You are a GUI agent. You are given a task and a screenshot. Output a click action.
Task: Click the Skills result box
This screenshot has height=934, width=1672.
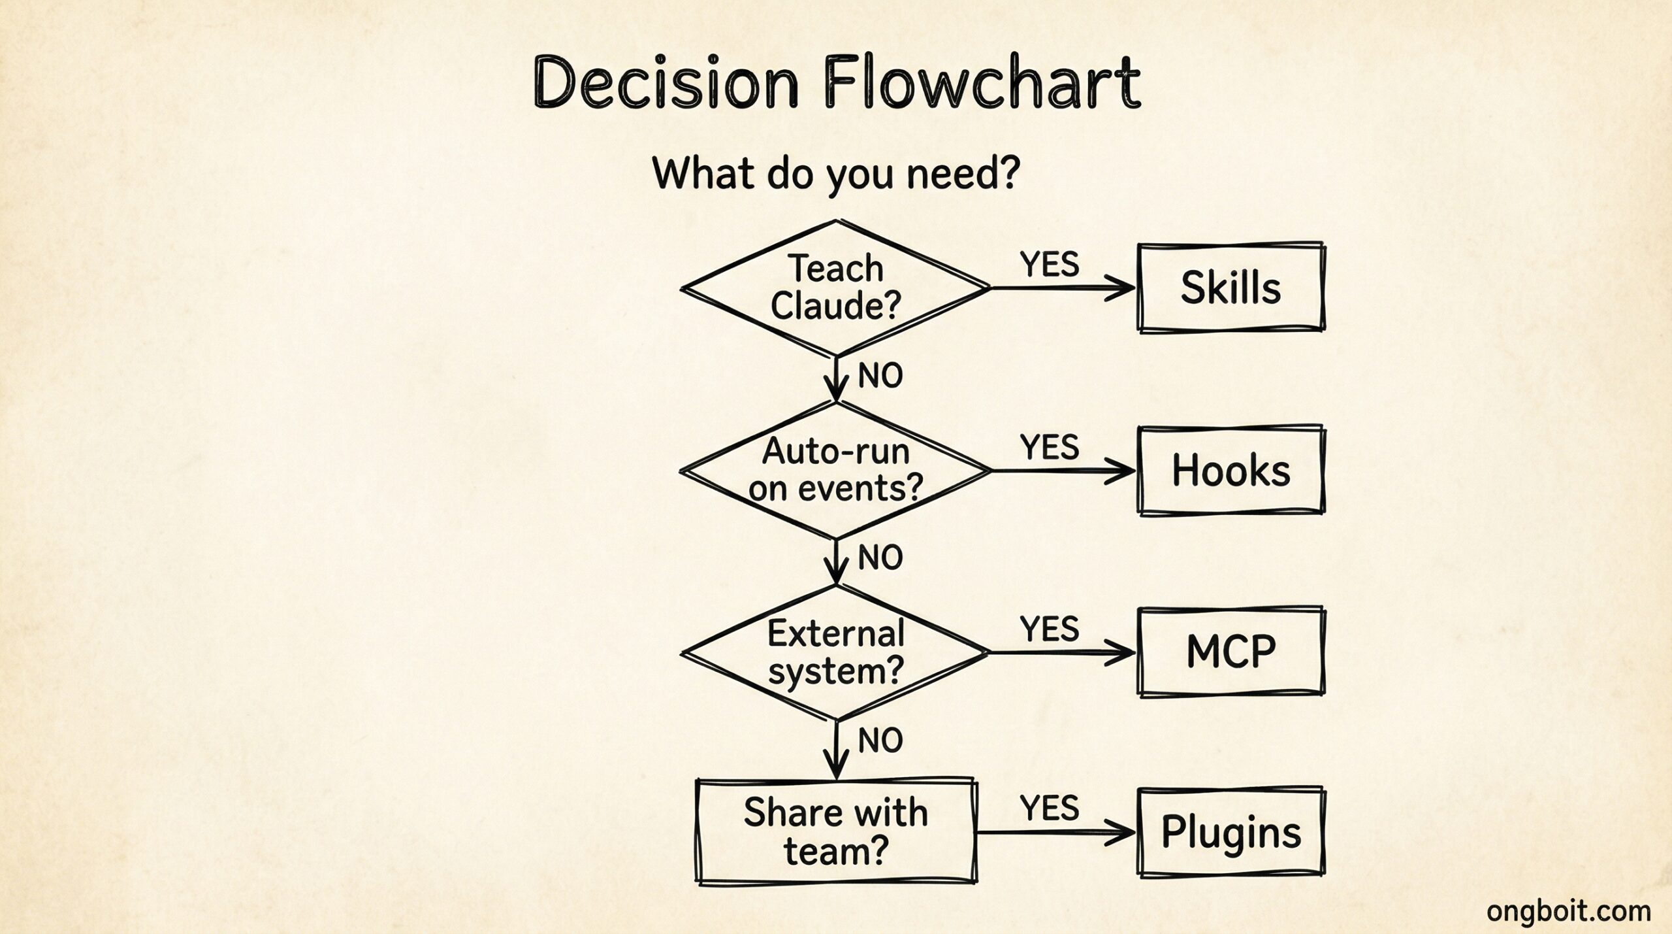(1231, 288)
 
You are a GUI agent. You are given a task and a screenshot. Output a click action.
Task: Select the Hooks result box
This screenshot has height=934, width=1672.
(1231, 471)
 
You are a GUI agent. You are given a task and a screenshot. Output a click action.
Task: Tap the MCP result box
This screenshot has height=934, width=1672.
(1231, 652)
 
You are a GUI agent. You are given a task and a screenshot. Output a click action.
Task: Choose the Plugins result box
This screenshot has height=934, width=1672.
(1231, 833)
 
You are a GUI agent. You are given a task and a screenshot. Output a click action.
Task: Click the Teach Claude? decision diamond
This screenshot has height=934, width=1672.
(836, 288)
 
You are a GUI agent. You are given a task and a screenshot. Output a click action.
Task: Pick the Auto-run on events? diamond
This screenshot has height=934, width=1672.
(836, 470)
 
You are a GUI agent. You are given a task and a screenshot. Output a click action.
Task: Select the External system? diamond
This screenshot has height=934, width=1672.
(836, 652)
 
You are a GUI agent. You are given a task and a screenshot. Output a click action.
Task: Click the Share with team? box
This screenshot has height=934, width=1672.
(836, 831)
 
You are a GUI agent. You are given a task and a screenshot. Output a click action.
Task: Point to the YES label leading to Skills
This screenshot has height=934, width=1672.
(1050, 265)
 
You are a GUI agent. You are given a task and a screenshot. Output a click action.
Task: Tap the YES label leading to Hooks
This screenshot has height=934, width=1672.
(1050, 448)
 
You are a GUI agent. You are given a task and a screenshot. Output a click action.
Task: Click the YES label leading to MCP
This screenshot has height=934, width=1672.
(1050, 629)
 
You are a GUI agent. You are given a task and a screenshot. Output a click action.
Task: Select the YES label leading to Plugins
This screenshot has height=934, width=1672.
(1050, 808)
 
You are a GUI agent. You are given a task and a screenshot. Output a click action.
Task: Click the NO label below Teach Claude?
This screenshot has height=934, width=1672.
(880, 376)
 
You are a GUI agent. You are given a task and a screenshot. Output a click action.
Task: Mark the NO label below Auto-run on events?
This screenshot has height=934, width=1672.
(880, 558)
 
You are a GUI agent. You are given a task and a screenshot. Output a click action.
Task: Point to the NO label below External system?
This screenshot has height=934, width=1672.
(880, 741)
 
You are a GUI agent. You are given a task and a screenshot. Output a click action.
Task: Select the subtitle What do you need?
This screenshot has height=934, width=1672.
(836, 173)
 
